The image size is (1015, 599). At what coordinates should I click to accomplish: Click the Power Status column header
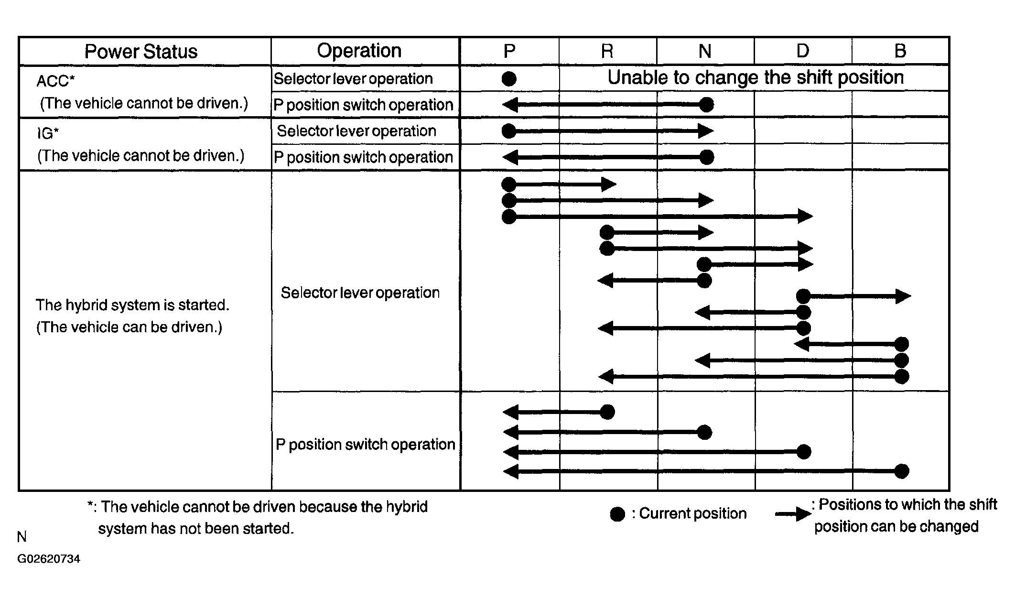click(141, 52)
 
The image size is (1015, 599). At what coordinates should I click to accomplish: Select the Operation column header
click(359, 51)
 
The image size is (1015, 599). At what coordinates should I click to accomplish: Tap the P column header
click(509, 51)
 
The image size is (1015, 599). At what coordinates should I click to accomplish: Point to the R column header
click(607, 51)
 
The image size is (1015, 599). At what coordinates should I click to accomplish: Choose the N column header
click(705, 51)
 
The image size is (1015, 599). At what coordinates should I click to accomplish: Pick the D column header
click(803, 51)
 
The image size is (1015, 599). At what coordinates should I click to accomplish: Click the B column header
click(900, 51)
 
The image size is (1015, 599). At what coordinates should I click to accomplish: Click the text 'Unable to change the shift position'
click(756, 77)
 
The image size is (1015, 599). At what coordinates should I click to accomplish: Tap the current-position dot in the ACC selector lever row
click(509, 79)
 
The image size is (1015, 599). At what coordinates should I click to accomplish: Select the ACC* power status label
click(55, 81)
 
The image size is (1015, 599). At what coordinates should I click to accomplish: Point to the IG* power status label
click(48, 133)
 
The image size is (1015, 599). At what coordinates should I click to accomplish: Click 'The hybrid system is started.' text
click(132, 305)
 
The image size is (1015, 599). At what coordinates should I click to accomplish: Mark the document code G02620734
click(49, 559)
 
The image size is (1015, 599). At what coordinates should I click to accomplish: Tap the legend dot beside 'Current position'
click(617, 514)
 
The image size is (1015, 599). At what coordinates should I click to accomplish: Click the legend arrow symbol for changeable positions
click(793, 514)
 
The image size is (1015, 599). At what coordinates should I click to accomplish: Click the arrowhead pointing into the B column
click(903, 296)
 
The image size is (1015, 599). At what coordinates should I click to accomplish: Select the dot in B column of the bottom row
click(901, 471)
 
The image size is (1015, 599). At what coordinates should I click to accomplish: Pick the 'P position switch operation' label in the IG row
click(363, 157)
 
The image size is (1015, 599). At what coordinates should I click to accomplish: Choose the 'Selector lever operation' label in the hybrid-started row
click(360, 293)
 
